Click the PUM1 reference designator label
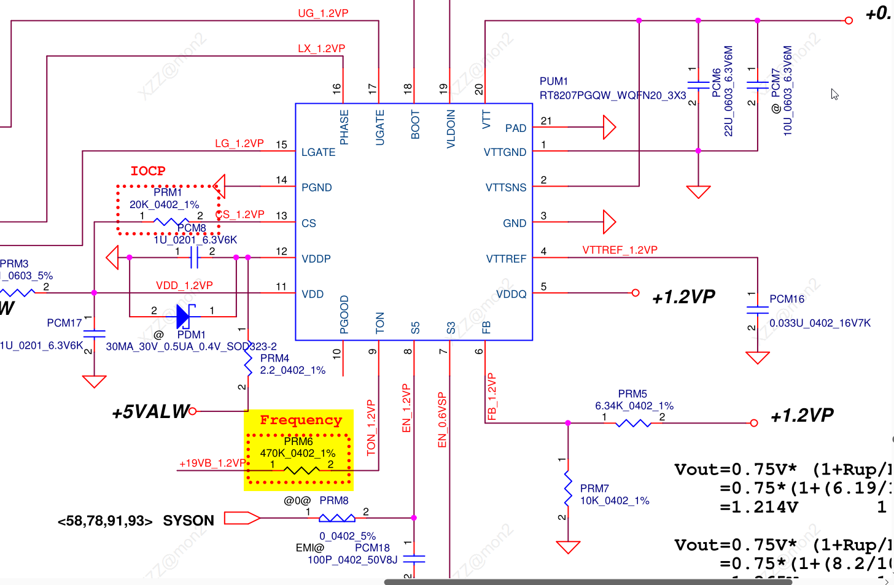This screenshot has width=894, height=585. (554, 81)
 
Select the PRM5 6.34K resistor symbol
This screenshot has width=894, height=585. (633, 423)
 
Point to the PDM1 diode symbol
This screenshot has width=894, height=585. (184, 316)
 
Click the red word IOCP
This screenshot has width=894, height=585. (148, 171)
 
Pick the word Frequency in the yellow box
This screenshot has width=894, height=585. (300, 420)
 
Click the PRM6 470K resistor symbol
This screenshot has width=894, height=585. (301, 471)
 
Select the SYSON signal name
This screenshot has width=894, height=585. (189, 521)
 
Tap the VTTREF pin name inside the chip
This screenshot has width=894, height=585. (506, 259)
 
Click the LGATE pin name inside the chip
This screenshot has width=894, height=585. (318, 152)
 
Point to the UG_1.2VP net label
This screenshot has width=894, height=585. (323, 14)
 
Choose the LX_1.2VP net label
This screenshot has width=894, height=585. (321, 48)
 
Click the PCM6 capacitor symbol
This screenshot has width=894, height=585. (698, 85)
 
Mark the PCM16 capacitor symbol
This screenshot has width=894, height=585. (758, 310)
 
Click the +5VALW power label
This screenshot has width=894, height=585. (150, 411)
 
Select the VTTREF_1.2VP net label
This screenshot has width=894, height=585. (620, 250)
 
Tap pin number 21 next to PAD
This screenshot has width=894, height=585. (546, 121)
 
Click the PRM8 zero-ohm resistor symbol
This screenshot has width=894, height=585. (336, 518)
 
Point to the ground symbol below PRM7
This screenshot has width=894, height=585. (568, 546)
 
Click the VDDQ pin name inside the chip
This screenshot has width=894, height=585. (511, 294)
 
